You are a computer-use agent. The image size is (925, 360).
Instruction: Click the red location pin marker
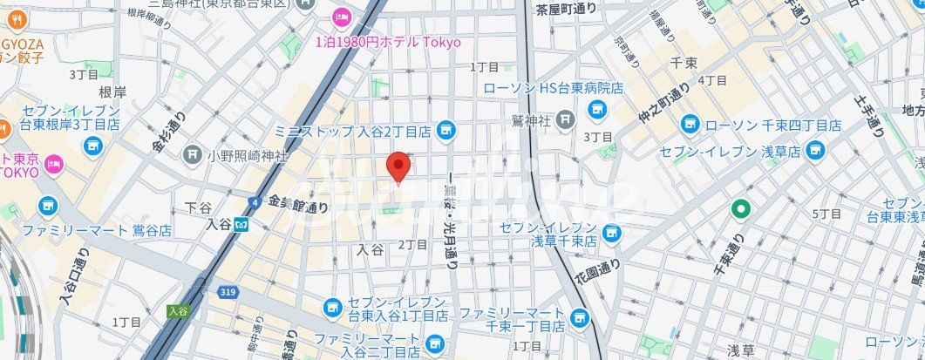pos(398,166)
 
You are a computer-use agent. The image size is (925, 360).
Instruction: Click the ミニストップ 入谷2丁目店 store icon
pos(446,131)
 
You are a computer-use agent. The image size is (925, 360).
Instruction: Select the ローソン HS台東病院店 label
pos(554,88)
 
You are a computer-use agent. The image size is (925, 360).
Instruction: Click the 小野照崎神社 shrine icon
pos(193,155)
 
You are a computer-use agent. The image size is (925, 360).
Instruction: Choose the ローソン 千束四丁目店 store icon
pos(690,126)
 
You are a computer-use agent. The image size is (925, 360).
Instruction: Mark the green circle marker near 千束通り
pos(740,208)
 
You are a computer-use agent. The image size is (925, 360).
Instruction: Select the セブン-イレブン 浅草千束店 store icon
pos(614,233)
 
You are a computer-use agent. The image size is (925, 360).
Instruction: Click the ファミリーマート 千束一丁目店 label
pos(512,319)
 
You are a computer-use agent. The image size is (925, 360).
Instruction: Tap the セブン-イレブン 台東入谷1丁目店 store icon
pos(332,307)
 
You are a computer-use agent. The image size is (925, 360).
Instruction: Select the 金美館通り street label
pos(298,204)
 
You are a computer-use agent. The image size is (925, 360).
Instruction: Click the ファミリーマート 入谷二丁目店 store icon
pos(435,342)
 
